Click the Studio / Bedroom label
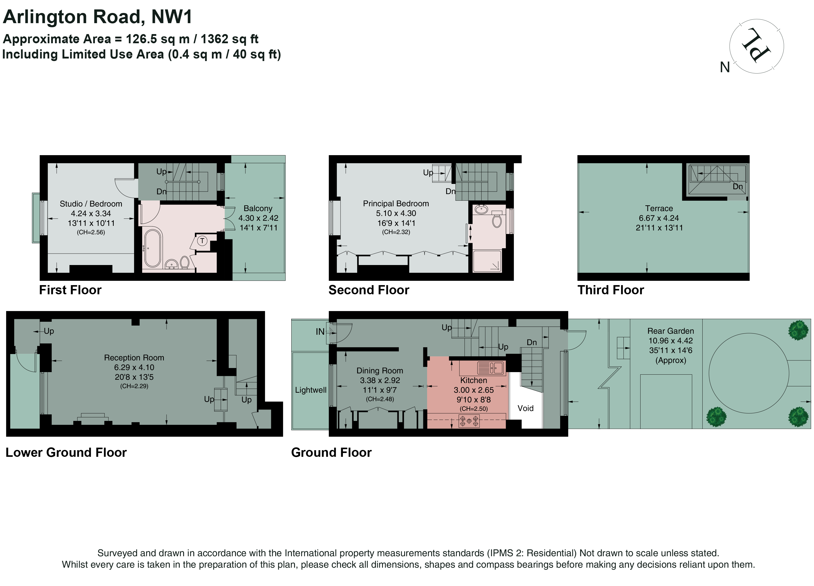click(x=91, y=204)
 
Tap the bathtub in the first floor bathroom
click(x=153, y=248)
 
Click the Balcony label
click(x=258, y=209)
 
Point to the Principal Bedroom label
click(x=396, y=204)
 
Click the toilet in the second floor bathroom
click(x=497, y=219)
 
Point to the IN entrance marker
click(x=320, y=332)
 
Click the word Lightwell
click(x=311, y=390)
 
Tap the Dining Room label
click(x=380, y=371)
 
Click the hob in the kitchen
click(x=469, y=421)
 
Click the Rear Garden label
click(x=671, y=331)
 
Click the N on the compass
click(x=725, y=67)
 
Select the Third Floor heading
click(x=611, y=290)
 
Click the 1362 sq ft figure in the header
click(x=229, y=39)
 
